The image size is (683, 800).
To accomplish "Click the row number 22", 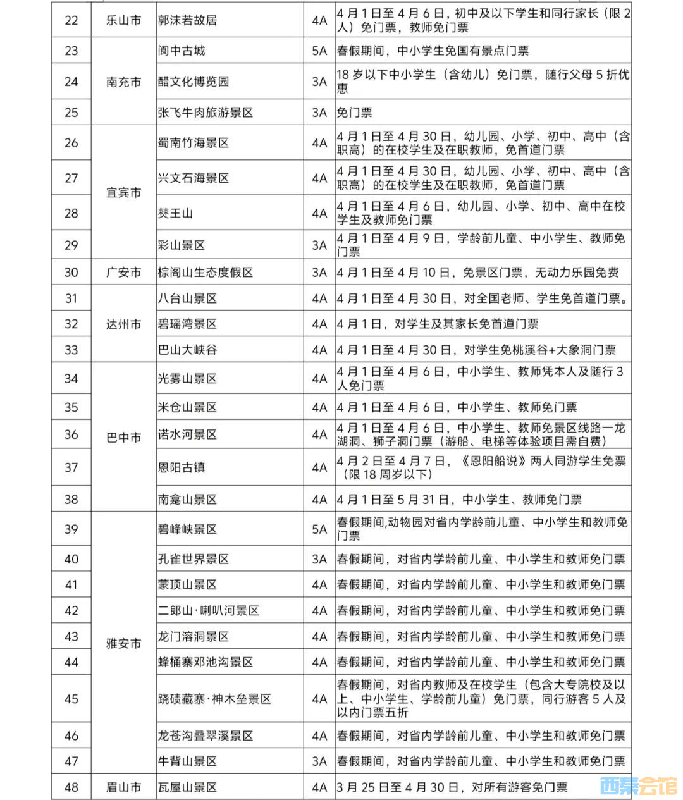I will tap(71, 20).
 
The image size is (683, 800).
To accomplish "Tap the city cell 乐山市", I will tap(123, 20).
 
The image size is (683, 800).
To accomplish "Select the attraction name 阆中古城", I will tap(182, 51).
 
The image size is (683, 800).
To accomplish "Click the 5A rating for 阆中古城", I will tap(319, 51).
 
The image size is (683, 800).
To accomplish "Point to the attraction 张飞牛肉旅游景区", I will tap(206, 113).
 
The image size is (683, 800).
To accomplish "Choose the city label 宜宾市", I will tap(123, 192).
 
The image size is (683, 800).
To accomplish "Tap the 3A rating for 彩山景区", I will tap(319, 245).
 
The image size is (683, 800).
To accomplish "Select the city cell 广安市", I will tap(123, 273).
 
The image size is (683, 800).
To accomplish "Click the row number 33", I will tap(71, 350).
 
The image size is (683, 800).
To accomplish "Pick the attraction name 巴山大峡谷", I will tap(188, 350).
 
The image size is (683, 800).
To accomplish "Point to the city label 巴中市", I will tap(123, 438).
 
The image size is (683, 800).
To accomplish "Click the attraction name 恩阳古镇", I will tap(182, 467).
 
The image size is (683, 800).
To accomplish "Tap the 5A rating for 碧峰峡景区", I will tap(319, 529).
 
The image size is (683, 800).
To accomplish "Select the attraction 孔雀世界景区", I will tap(194, 559).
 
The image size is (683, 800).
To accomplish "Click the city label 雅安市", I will tap(123, 643).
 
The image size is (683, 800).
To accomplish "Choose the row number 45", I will tap(71, 699).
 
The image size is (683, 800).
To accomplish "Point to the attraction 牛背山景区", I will tap(188, 761).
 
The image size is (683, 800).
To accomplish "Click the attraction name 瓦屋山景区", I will tap(188, 787).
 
